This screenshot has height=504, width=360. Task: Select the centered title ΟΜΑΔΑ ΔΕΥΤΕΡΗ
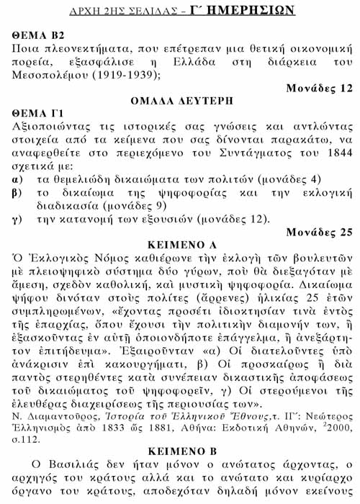coord(180,101)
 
